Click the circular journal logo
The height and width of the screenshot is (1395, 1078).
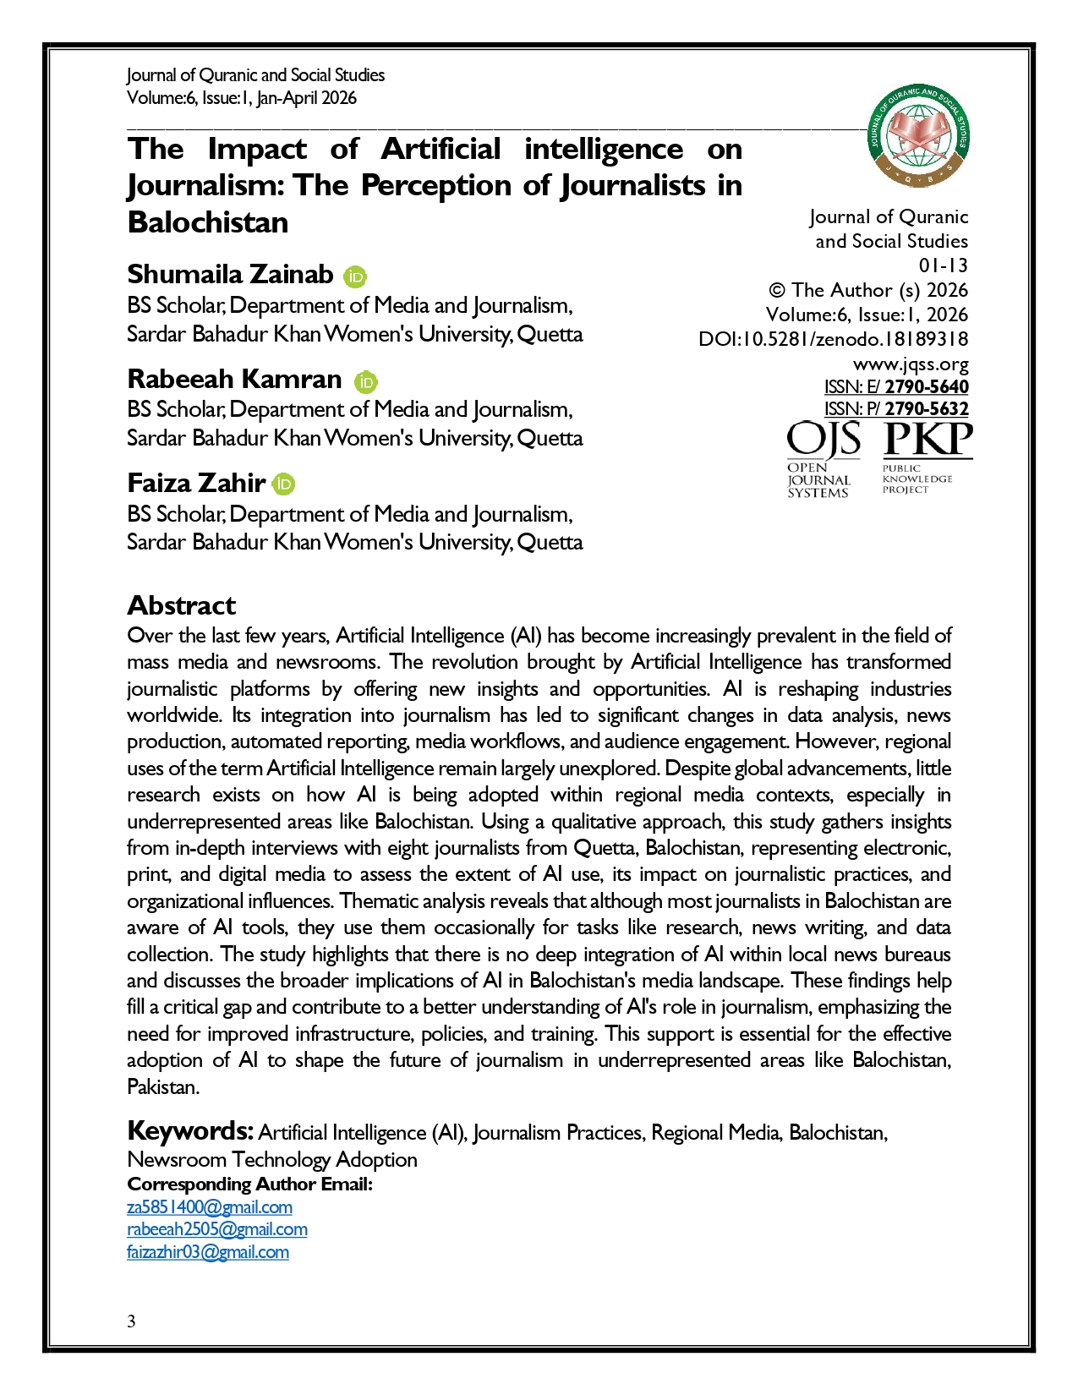tap(919, 135)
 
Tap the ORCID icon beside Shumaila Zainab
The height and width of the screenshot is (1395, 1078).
tap(355, 276)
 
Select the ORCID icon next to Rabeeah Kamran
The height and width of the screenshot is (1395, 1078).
tap(365, 381)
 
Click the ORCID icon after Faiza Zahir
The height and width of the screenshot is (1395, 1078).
tap(284, 484)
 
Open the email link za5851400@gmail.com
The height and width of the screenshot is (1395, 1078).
tap(210, 1207)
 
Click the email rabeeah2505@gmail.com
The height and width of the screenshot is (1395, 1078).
tap(217, 1229)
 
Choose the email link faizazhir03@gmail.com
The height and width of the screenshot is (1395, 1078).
tap(208, 1252)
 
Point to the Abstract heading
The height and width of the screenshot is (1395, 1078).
tap(181, 605)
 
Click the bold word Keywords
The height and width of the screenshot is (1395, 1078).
tap(189, 1130)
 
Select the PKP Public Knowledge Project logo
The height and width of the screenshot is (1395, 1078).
tap(927, 459)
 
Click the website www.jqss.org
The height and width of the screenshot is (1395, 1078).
tap(911, 364)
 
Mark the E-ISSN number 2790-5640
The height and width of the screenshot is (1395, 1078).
tap(927, 387)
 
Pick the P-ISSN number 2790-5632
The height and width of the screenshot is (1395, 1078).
tap(927, 409)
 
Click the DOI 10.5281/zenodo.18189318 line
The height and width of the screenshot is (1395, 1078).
tap(834, 340)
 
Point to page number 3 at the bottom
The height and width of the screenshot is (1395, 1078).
tap(131, 1321)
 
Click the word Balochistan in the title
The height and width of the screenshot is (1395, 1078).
tap(208, 222)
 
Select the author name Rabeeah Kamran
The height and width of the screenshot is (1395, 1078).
tap(234, 379)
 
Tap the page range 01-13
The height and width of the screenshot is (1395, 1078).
tap(943, 265)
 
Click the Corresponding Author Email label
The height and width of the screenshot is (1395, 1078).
tap(249, 1184)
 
